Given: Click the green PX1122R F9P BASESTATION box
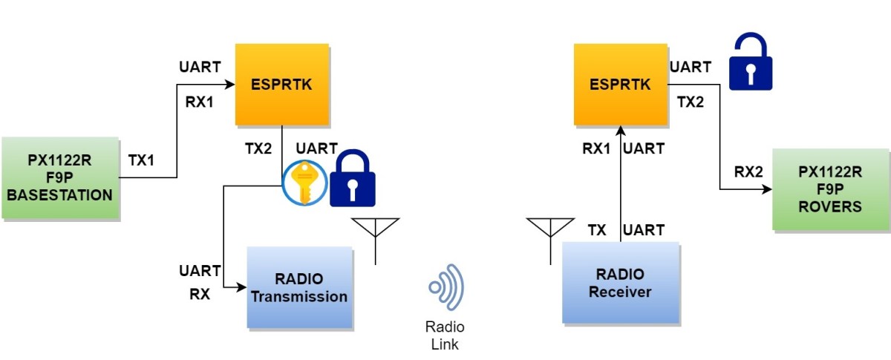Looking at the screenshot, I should coord(60,177).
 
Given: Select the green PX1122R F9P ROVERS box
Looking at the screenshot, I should coord(830,189).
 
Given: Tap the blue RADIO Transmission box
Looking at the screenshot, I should coord(299,287).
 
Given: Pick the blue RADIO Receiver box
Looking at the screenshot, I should coord(620,283).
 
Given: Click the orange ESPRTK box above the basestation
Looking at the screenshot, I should coord(281,84).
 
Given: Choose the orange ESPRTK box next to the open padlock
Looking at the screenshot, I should coord(620,84).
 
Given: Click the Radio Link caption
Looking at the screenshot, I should coord(445,336).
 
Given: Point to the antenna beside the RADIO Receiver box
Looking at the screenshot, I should coord(549,238).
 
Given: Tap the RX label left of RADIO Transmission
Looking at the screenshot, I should coord(200,294).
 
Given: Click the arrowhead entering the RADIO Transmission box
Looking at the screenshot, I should coord(242,287).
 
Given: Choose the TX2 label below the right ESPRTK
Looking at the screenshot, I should coord(690,102).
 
